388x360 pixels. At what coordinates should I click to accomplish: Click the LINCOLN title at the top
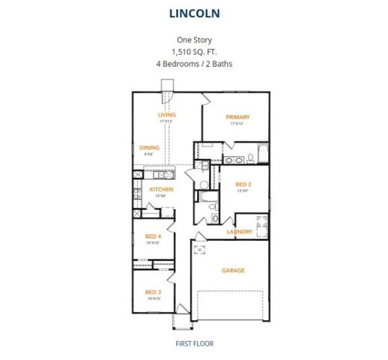[193, 13]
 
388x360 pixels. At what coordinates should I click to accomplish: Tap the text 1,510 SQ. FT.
[193, 52]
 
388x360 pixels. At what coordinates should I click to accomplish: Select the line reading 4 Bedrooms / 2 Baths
[193, 64]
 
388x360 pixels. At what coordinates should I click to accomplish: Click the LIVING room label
[166, 115]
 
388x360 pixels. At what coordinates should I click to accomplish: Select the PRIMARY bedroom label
[237, 117]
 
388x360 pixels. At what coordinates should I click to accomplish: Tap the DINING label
[149, 148]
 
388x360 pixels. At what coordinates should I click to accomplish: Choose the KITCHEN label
[161, 190]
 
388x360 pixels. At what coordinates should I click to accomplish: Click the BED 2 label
[243, 184]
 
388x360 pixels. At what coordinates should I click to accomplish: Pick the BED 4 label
[153, 236]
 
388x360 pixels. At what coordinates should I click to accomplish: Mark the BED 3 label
[153, 292]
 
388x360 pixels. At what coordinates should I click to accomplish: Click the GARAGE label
[233, 270]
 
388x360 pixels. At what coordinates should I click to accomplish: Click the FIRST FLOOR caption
[194, 343]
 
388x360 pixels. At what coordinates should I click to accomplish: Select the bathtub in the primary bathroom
[261, 154]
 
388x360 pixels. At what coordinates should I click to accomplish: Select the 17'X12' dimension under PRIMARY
[237, 124]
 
